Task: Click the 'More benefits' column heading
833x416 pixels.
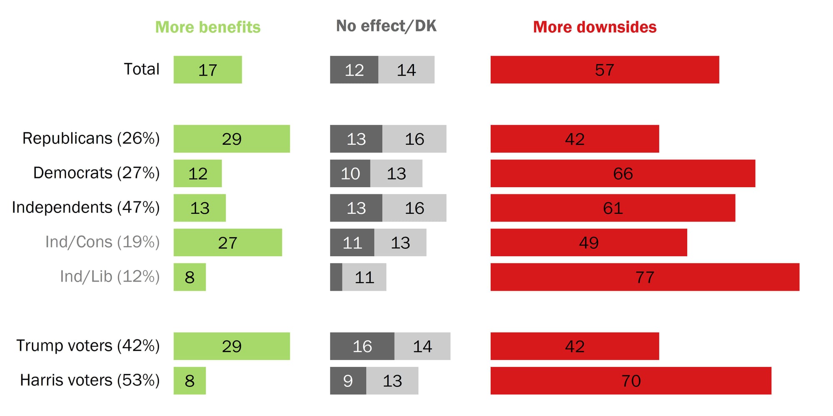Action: [x=208, y=27]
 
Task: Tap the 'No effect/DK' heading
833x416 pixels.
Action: [x=386, y=26]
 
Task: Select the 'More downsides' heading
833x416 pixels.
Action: [x=595, y=27]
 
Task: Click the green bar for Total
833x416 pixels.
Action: [x=207, y=70]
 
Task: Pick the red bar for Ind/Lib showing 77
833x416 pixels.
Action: [x=645, y=277]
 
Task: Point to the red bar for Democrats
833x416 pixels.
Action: [x=623, y=173]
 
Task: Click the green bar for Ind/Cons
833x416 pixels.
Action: [x=227, y=243]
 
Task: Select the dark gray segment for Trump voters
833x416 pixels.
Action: [x=362, y=346]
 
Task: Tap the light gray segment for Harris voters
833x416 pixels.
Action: [x=392, y=381]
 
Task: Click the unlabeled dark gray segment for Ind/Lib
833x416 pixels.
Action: [x=336, y=277]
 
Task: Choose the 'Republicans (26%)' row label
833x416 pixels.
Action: [x=91, y=139]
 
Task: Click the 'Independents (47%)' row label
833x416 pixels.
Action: [x=86, y=208]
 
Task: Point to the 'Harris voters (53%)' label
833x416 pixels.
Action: [x=90, y=380]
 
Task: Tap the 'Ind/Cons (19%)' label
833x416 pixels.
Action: [x=102, y=242]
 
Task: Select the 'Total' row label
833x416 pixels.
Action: [x=142, y=69]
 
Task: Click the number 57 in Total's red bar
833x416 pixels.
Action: [x=604, y=70]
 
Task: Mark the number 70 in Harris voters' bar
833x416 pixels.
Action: [x=631, y=381]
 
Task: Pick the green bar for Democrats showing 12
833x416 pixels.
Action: [x=197, y=173]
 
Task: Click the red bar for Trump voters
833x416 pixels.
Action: [x=574, y=346]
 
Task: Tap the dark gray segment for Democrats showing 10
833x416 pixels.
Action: [x=350, y=173]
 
